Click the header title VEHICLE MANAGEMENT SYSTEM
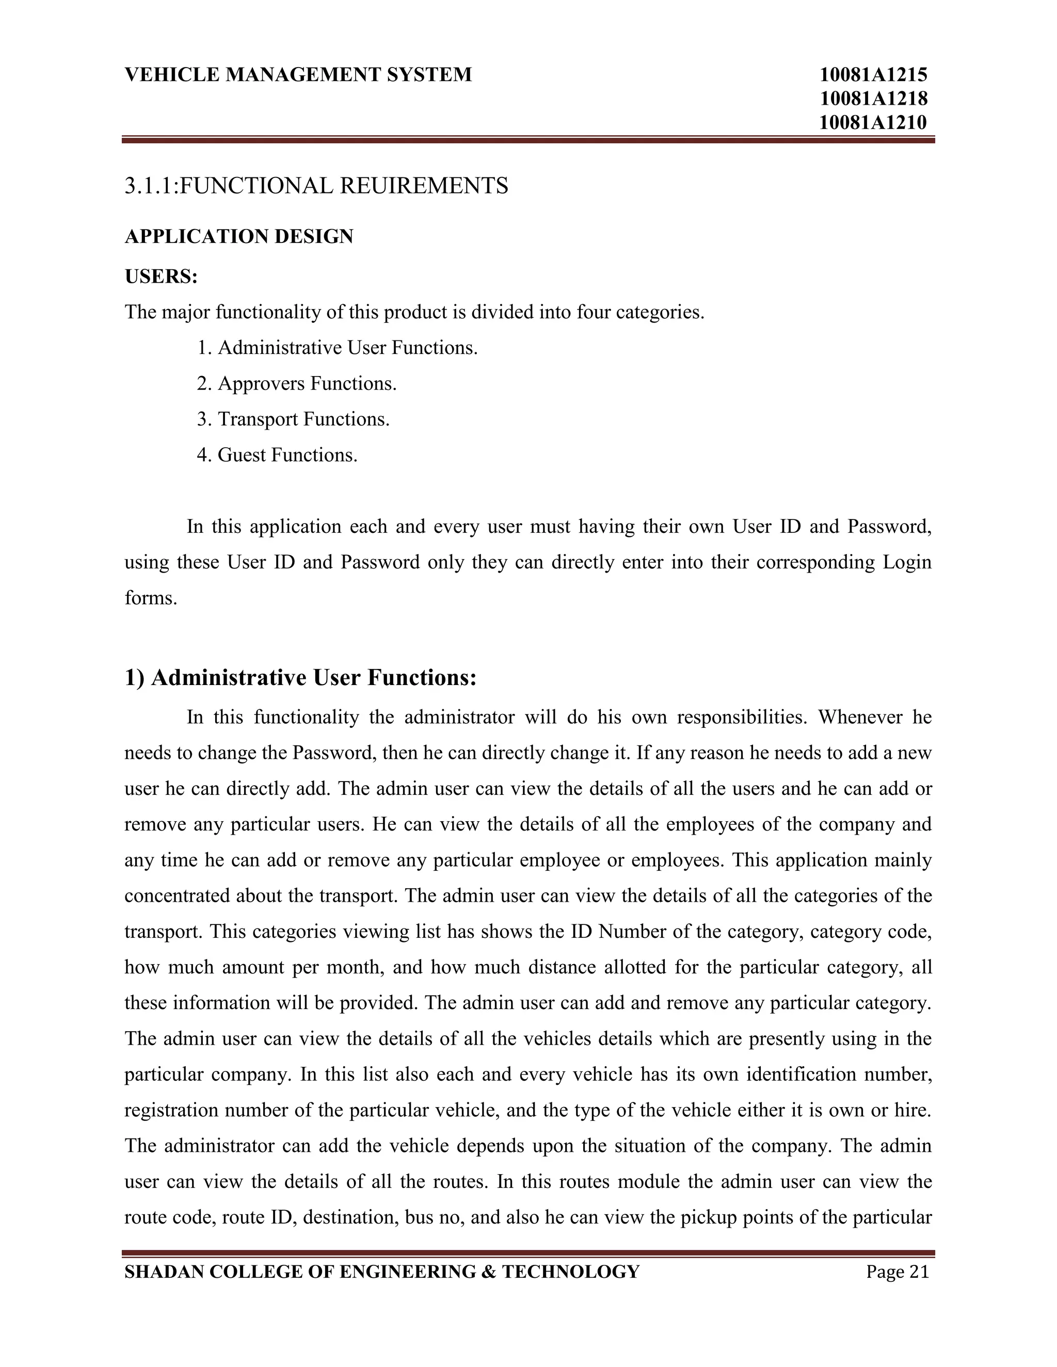coord(298,74)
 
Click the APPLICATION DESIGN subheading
coord(238,237)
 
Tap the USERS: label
coord(161,276)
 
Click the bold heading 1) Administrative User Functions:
coord(300,677)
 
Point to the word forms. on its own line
coord(151,598)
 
